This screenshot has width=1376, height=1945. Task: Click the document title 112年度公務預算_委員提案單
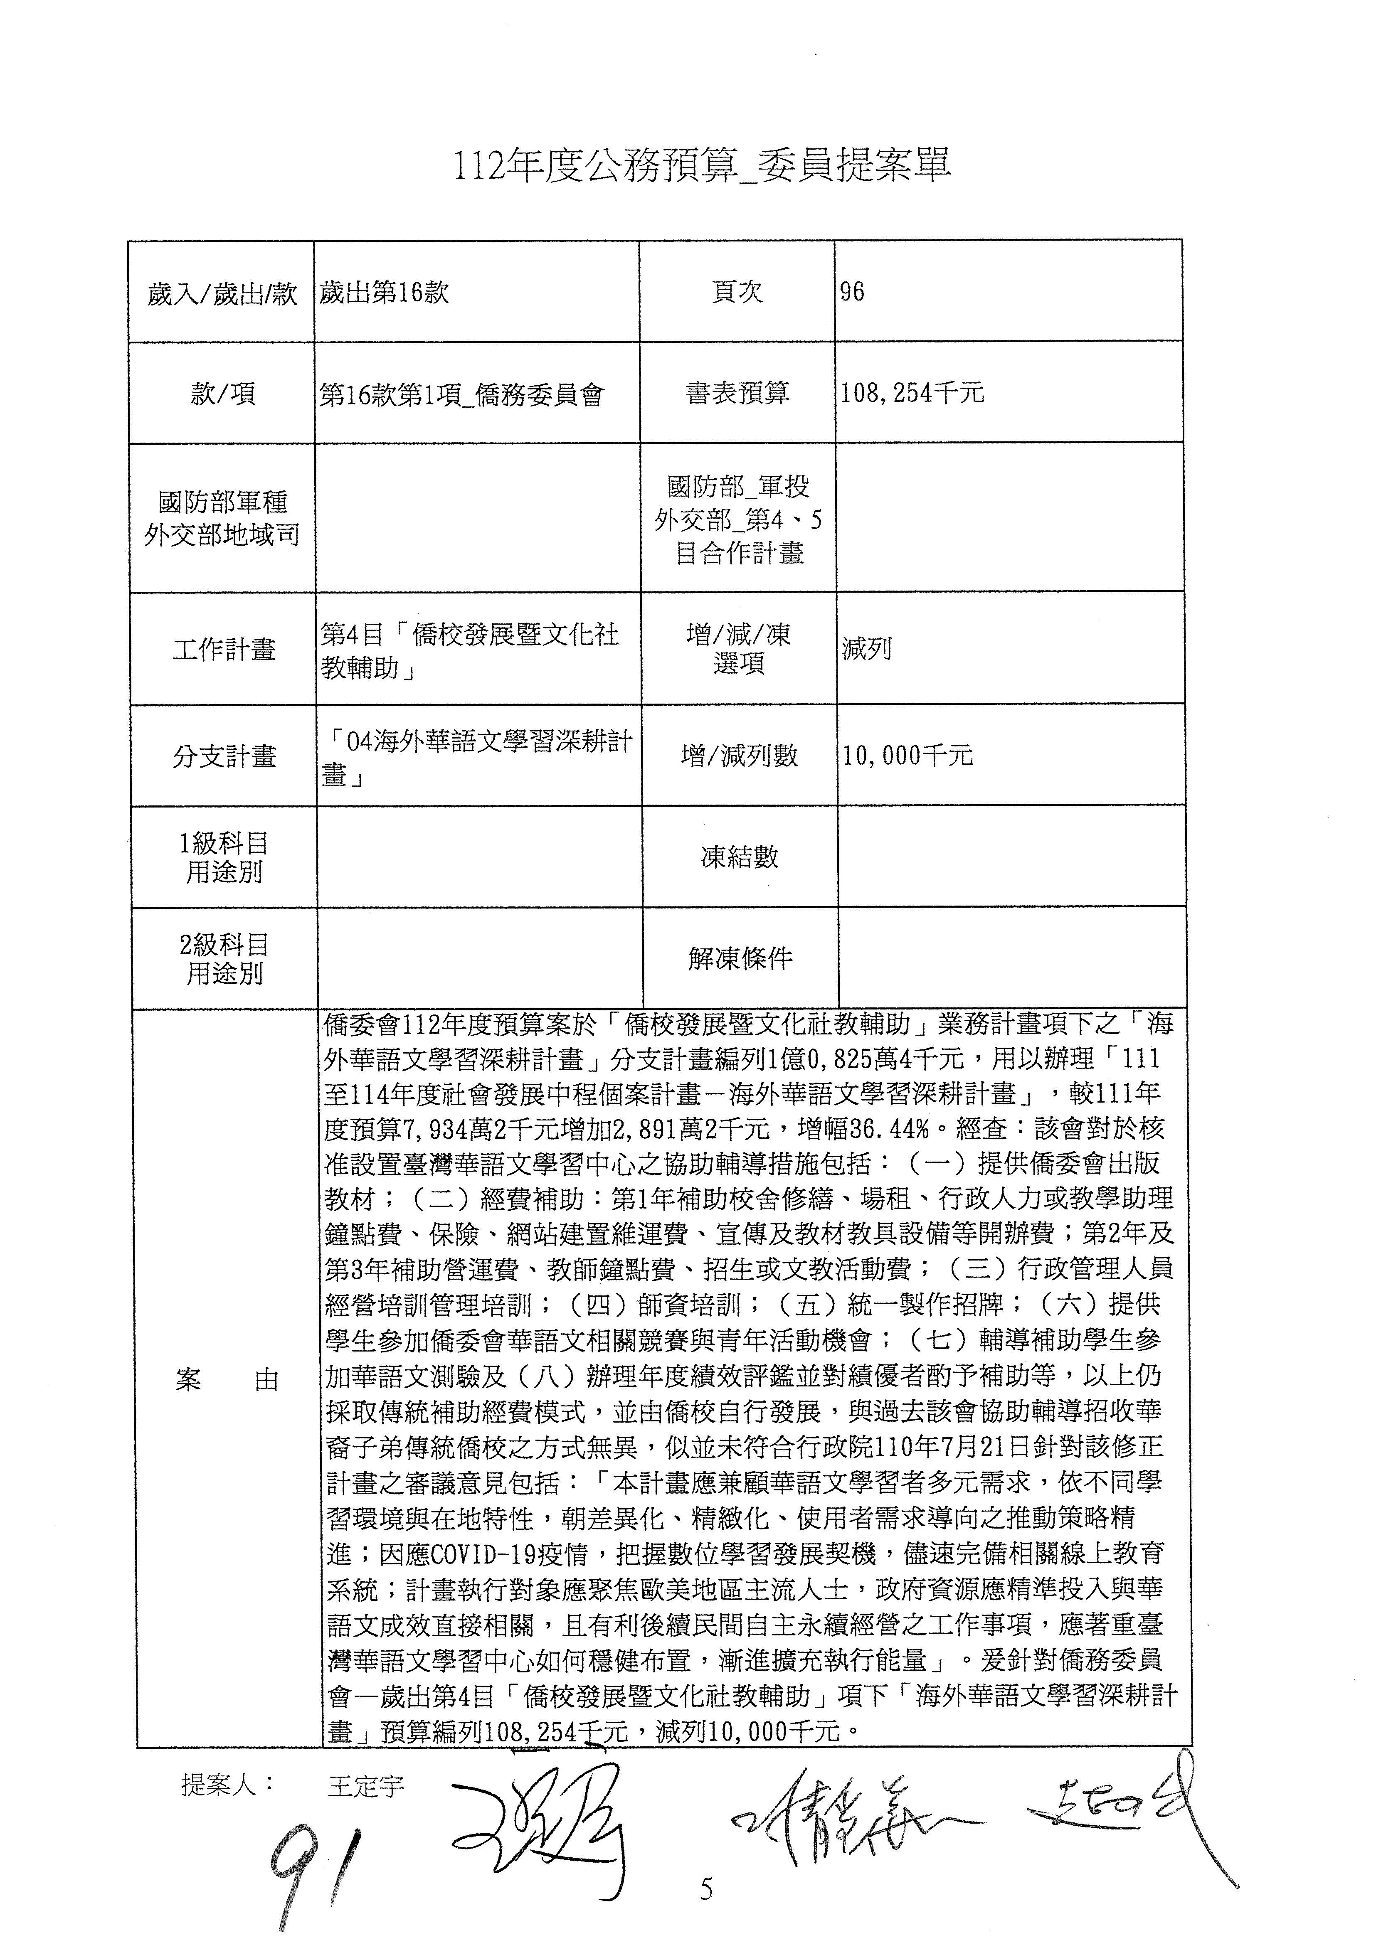click(703, 167)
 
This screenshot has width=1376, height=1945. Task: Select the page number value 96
click(852, 292)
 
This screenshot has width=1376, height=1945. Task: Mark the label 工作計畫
click(224, 650)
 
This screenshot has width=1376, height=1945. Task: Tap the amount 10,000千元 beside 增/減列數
click(907, 755)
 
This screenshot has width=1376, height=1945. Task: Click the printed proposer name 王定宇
click(366, 1787)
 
